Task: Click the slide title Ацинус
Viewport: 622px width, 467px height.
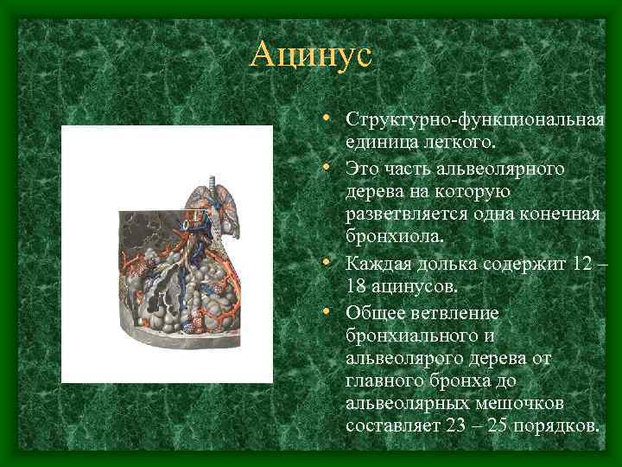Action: tap(310, 56)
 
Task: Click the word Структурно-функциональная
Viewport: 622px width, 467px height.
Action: tap(474, 118)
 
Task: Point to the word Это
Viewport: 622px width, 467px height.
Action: tap(364, 166)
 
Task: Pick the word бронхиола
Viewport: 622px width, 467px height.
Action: tap(389, 236)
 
